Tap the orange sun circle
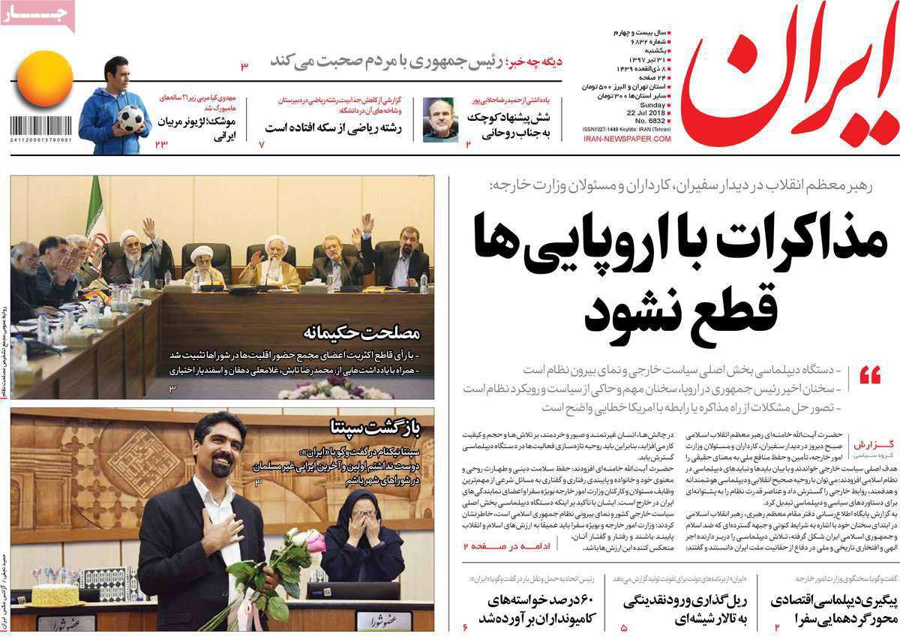click(x=45, y=83)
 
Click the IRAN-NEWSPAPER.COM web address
click(x=626, y=139)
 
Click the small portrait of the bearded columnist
click(x=440, y=119)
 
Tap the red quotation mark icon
click(x=870, y=376)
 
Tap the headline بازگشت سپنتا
click(x=379, y=428)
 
